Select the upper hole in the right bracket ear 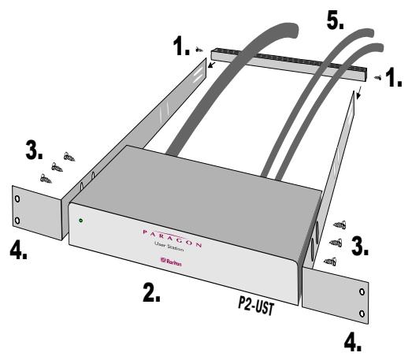click(x=362, y=291)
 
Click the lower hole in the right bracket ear click(x=362, y=314)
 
